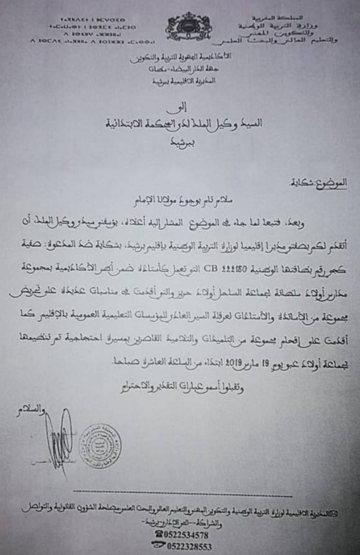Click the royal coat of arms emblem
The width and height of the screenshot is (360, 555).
pos(187,26)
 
